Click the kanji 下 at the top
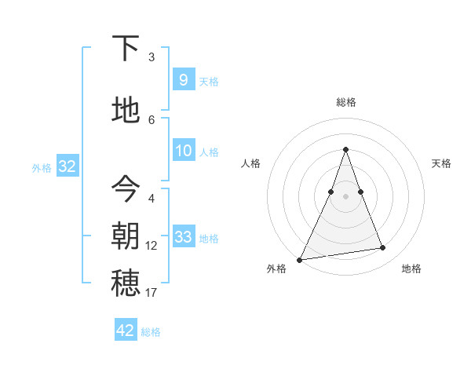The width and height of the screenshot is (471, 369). click(x=126, y=49)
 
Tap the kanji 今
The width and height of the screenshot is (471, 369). click(x=126, y=188)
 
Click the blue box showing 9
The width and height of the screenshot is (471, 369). click(x=183, y=79)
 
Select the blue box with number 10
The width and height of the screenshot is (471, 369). click(x=183, y=151)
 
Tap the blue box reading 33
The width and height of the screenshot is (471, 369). click(x=183, y=237)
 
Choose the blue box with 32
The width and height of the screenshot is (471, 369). click(x=67, y=166)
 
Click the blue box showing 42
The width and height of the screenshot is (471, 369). click(x=126, y=331)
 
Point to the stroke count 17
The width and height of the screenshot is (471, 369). click(x=152, y=293)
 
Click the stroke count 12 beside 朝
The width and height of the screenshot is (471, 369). click(x=152, y=246)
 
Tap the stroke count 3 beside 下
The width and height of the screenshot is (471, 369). click(x=152, y=57)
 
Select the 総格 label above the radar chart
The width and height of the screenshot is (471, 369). click(x=346, y=102)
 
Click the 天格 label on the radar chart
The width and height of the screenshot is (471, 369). click(x=441, y=163)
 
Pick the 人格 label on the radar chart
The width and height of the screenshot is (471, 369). click(x=250, y=163)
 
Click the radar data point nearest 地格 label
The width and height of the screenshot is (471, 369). click(x=383, y=248)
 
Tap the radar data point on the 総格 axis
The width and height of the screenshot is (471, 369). click(x=345, y=150)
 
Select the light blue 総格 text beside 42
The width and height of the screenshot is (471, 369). click(x=151, y=332)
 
